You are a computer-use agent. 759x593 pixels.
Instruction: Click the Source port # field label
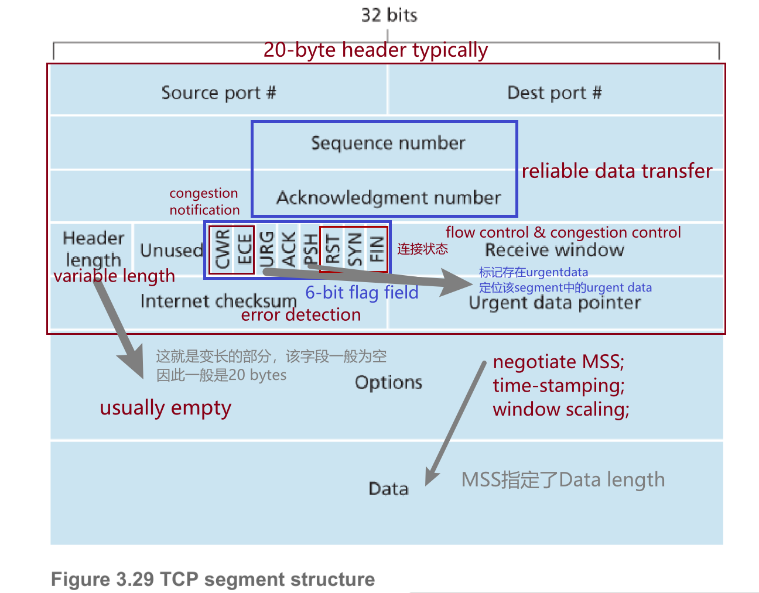218,92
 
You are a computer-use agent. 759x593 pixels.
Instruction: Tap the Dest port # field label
554,92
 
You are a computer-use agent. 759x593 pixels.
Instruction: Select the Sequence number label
388,143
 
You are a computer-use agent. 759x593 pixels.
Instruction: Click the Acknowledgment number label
388,198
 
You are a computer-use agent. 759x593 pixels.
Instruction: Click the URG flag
266,249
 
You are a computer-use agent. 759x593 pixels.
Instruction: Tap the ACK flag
289,249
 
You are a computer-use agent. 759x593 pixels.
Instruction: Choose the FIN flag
377,249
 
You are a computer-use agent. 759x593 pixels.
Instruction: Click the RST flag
333,249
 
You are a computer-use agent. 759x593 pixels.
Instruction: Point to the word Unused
171,251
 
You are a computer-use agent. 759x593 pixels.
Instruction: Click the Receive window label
555,251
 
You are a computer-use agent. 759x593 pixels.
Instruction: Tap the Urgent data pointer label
555,303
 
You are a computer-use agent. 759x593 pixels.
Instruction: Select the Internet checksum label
218,301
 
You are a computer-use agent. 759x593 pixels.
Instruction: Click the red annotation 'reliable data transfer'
617,171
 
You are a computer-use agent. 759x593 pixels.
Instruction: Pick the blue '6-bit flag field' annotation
362,292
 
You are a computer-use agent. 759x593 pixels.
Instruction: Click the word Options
388,382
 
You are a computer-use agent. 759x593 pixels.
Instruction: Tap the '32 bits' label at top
389,15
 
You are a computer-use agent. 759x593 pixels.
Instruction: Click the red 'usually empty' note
165,407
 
